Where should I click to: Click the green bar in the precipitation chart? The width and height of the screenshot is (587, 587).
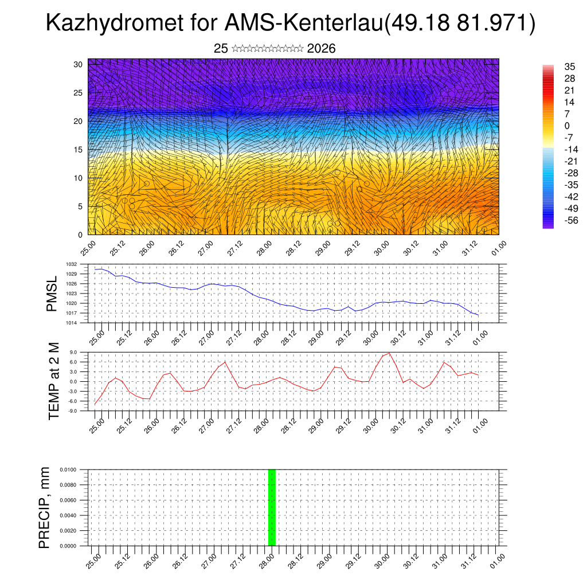pyautogui.click(x=272, y=507)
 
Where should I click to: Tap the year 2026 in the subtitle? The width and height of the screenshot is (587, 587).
pyautogui.click(x=321, y=49)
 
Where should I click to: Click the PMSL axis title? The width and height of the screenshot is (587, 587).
pyautogui.click(x=52, y=293)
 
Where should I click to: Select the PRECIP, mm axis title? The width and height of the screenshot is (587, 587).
pyautogui.click(x=44, y=507)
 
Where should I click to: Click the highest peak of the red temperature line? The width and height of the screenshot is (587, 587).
pyautogui.click(x=390, y=353)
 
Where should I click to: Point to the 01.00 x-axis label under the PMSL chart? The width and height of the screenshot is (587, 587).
pyautogui.click(x=481, y=335)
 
